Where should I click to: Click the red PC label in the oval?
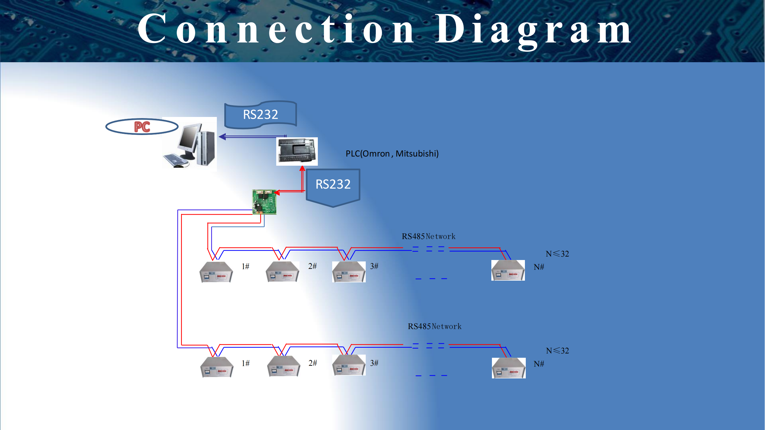click(x=142, y=127)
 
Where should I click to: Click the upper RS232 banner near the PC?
click(x=260, y=115)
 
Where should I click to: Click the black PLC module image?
click(x=297, y=151)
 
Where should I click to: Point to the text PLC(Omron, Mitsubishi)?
click(x=392, y=154)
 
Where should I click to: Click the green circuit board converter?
click(x=264, y=202)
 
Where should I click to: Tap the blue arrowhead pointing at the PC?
click(x=222, y=137)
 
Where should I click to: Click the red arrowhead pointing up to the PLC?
click(x=302, y=169)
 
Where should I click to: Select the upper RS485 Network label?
click(x=428, y=236)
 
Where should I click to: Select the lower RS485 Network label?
click(x=435, y=327)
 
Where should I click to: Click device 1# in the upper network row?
click(x=216, y=272)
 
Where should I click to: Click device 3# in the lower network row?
click(x=349, y=365)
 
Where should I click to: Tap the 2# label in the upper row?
click(x=312, y=266)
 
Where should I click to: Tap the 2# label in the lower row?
click(x=313, y=363)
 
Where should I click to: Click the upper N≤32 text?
click(x=557, y=254)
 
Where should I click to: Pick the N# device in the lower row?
click(x=508, y=368)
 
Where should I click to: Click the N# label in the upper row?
click(x=539, y=267)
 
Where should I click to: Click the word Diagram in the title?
click(x=533, y=30)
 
